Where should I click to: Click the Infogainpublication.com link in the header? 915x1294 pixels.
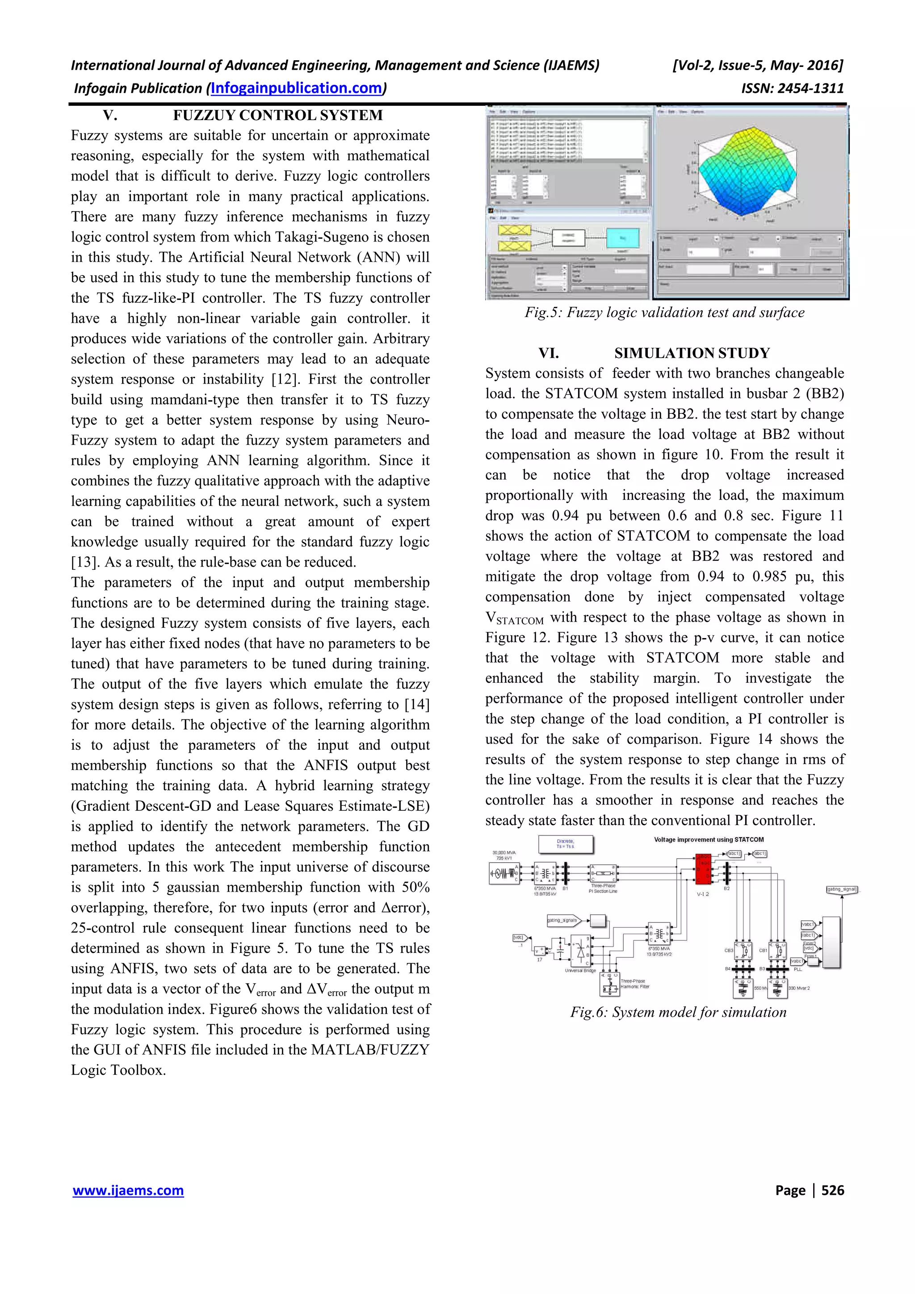297,88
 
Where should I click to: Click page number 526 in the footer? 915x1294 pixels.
833,1190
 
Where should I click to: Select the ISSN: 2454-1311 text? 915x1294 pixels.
793,88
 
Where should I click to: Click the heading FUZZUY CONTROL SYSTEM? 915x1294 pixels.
277,116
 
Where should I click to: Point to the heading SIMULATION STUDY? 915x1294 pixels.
692,353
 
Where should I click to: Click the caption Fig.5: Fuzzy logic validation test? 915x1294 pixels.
664,313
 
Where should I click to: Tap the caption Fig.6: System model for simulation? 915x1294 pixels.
678,1012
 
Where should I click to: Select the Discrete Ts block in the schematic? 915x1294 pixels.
566,844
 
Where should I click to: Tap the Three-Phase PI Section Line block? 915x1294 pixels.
603,873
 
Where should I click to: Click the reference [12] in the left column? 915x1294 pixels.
282,379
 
